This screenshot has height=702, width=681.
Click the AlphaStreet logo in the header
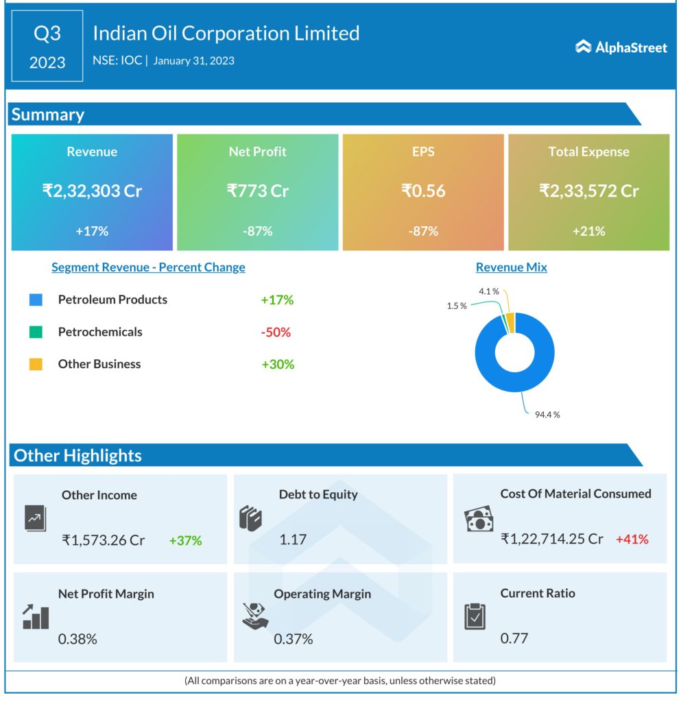(x=621, y=47)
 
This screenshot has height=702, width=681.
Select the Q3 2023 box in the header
(x=47, y=47)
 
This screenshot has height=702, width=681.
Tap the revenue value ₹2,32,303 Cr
(x=92, y=191)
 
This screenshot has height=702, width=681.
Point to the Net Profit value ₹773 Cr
(x=257, y=191)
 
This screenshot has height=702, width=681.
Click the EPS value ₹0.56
(x=423, y=191)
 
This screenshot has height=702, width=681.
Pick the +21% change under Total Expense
(x=588, y=231)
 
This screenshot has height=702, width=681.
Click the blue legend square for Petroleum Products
(x=36, y=300)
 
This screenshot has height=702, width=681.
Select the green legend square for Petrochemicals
(x=36, y=332)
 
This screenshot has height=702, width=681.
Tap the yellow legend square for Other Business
(x=36, y=364)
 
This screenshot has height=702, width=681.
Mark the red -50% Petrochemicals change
(x=276, y=332)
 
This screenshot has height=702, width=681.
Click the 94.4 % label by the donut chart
(x=547, y=415)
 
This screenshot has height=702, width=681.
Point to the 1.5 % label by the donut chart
(x=457, y=306)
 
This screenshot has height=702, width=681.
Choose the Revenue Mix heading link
(x=511, y=267)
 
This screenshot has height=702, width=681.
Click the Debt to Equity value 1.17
(x=293, y=540)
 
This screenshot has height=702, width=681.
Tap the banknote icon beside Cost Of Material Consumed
(x=479, y=520)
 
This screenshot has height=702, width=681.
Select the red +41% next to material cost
(x=632, y=539)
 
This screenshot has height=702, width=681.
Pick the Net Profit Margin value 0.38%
(x=77, y=639)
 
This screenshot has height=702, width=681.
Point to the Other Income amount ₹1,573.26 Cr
(x=104, y=540)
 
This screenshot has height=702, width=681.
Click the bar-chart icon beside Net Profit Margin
(x=35, y=617)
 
